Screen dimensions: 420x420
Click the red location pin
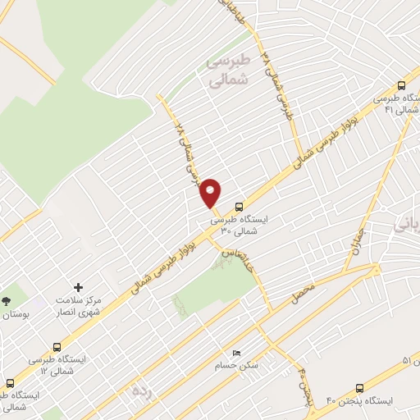click(211, 193)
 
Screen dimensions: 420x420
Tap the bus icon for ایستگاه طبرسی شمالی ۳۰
click(239, 208)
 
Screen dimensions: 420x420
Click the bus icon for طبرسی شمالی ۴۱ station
click(401, 84)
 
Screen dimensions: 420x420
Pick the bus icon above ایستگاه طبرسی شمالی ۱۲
click(57, 346)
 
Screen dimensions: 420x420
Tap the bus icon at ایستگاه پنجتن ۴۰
click(360, 388)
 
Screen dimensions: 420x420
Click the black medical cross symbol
click(79, 287)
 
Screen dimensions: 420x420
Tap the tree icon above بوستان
click(6, 301)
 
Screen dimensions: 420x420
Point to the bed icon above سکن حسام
click(237, 353)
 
